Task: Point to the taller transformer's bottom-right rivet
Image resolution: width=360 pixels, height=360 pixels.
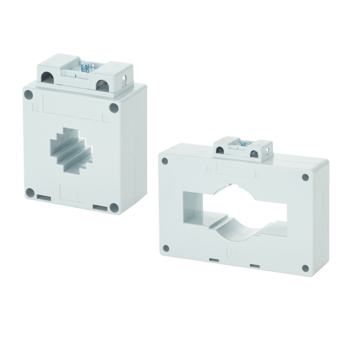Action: point(113,207)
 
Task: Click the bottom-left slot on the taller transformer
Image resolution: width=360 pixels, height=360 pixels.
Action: point(44,198)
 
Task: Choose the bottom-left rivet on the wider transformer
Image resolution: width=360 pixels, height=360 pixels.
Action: point(166,247)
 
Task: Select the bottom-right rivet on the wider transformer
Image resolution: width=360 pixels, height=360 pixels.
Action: point(305,268)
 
